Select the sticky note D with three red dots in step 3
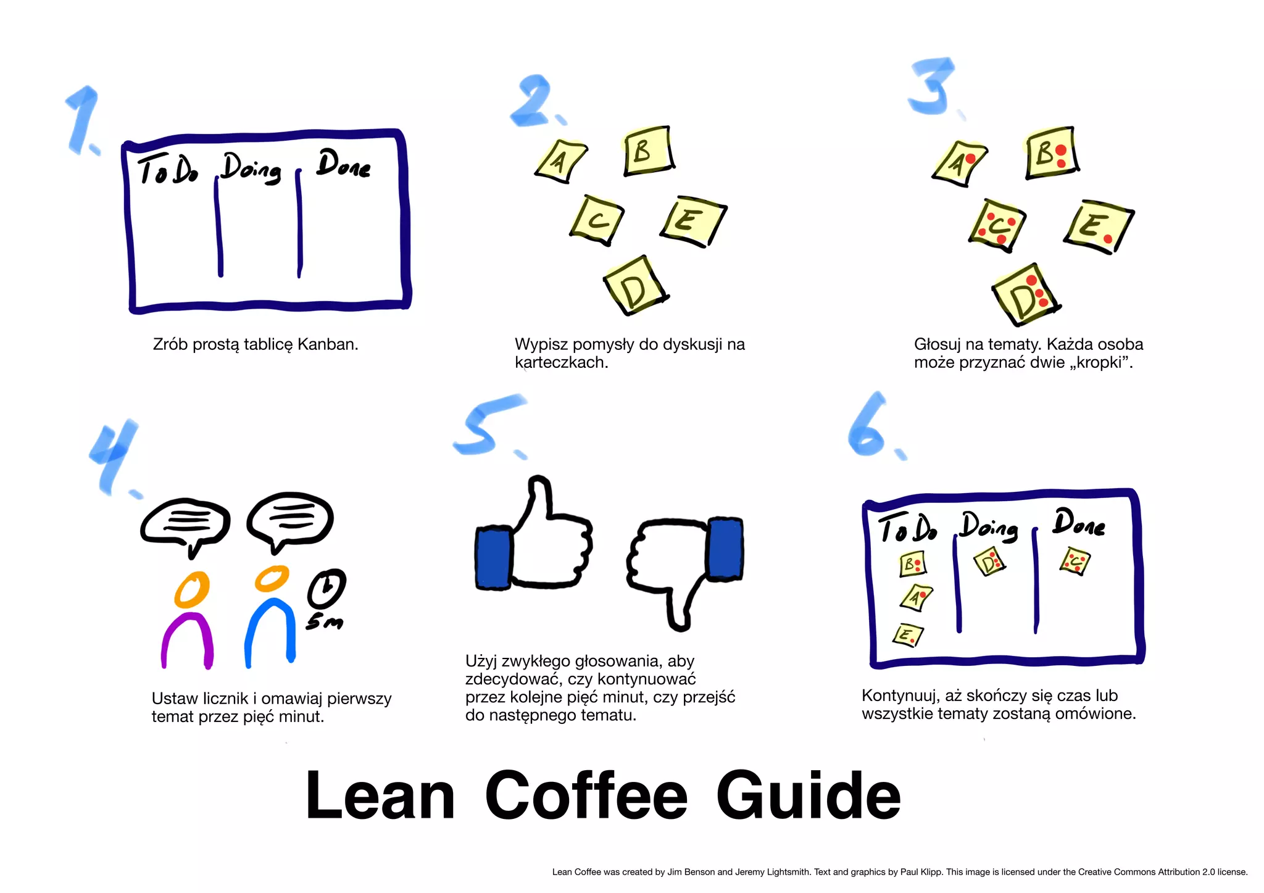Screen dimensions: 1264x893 pyautogui.click(x=1025, y=295)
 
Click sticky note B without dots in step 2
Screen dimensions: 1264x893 pyautogui.click(x=647, y=151)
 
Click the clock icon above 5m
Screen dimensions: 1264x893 pyautogui.click(x=326, y=588)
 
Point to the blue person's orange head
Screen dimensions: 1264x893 pyautogui.click(x=272, y=578)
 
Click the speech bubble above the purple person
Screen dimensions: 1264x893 pyautogui.click(x=185, y=523)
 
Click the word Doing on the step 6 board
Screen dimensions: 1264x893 pyautogui.click(x=989, y=526)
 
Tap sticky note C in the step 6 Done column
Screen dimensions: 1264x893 pyautogui.click(x=1075, y=561)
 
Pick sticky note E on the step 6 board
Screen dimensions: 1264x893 pyautogui.click(x=907, y=635)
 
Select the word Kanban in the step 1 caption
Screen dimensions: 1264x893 pyautogui.click(x=326, y=344)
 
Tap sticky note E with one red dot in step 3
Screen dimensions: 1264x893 pyautogui.click(x=1099, y=226)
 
